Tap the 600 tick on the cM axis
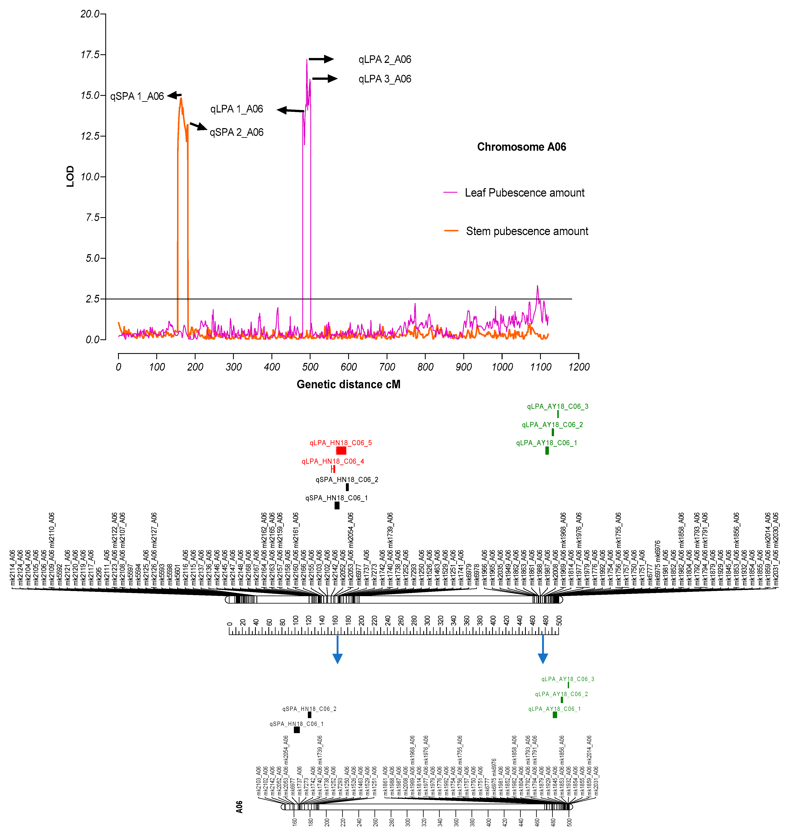(349, 367)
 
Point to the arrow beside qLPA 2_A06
(321, 59)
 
